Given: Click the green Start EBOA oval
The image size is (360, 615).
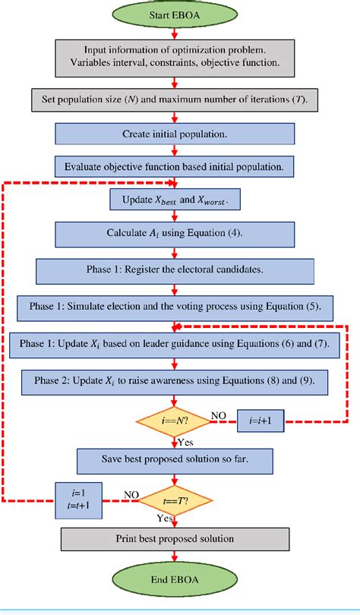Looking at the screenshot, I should [175, 14].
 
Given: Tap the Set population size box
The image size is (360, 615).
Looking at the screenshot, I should [175, 99].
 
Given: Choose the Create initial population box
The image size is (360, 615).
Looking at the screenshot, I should [175, 134].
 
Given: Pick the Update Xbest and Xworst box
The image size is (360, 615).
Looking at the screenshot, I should [175, 201].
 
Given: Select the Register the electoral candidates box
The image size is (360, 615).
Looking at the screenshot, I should [175, 270].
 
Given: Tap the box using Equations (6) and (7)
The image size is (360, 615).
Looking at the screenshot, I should [175, 345].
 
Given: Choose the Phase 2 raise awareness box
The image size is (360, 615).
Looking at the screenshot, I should [175, 380].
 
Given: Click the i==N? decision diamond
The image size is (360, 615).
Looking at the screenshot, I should [175, 418].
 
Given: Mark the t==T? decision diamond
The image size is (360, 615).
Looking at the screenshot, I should [175, 501].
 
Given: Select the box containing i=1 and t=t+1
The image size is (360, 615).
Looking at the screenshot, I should [80, 501].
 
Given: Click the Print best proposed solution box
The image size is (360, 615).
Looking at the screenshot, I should [175, 540].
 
